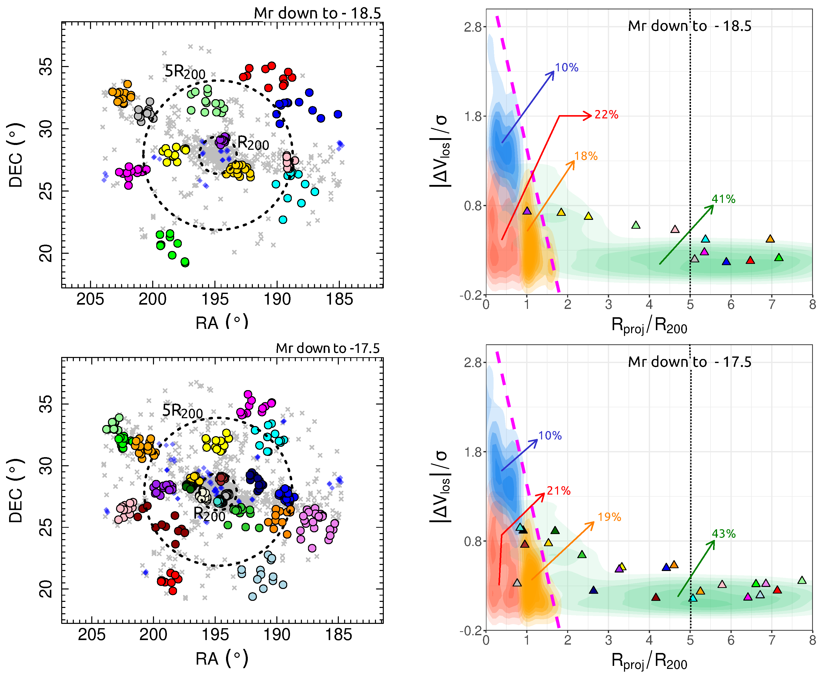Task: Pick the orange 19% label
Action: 609,517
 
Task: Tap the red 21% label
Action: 559,491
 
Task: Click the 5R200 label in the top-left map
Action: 185,72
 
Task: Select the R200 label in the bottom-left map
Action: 209,514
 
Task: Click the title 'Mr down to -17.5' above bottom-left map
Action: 327,348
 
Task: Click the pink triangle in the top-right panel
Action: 675,229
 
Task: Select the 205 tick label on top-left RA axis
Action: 91,300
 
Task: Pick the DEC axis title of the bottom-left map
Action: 16,490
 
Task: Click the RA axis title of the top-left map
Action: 221,322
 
